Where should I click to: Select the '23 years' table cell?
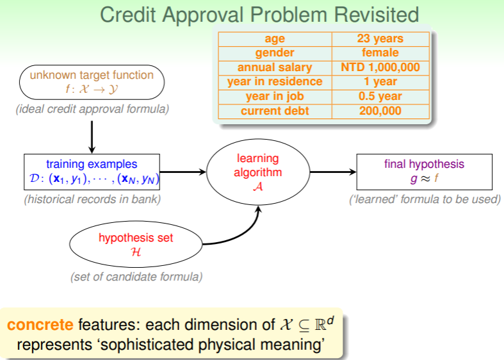tap(380, 39)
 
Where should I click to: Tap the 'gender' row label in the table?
tap(275, 53)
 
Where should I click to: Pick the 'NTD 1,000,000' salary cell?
tap(380, 67)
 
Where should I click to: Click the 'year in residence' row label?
tap(275, 82)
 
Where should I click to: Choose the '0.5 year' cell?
tap(380, 96)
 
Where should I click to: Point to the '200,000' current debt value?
tap(380, 111)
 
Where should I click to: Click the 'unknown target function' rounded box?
tap(92, 82)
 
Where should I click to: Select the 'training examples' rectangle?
tap(92, 172)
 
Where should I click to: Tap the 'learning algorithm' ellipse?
tap(258, 172)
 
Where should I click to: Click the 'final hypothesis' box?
tap(424, 172)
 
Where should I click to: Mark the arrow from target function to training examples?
tap(92, 135)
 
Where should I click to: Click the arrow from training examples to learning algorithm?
tap(185, 172)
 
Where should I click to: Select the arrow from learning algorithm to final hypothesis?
tap(332, 172)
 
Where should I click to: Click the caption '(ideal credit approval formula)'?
tap(92, 110)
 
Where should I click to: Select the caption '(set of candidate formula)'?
tap(136, 277)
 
